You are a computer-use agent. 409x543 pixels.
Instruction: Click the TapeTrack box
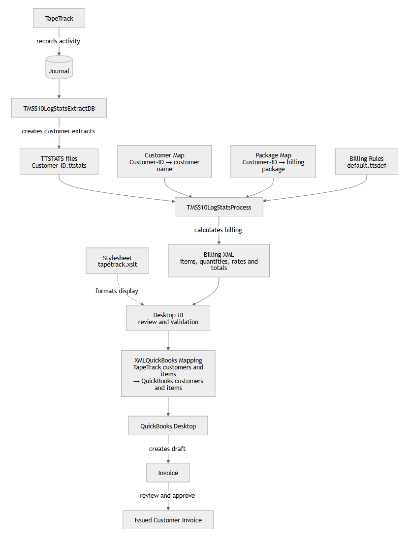[59, 18]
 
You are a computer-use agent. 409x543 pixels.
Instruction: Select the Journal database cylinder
[59, 67]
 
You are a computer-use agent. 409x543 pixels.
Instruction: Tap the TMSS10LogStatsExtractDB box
[59, 108]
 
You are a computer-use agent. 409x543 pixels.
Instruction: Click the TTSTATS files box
[59, 162]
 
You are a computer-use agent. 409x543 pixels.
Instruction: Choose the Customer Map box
[164, 162]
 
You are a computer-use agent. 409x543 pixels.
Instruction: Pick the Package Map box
[273, 162]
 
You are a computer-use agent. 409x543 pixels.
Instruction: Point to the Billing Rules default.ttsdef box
[366, 162]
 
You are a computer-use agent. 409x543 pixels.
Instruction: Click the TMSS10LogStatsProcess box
[219, 207]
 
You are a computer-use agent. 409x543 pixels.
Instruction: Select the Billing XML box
[219, 261]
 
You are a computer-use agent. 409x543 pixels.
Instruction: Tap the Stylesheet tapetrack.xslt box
[118, 261]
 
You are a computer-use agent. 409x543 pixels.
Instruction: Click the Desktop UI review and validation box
[168, 318]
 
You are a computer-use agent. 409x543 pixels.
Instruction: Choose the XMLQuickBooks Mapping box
[168, 374]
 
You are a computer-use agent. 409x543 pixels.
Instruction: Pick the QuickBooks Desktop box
[168, 425]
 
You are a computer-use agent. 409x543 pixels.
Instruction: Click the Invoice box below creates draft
[168, 473]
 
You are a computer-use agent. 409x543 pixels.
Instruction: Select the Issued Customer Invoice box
[168, 520]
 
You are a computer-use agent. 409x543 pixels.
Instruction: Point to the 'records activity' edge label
[58, 41]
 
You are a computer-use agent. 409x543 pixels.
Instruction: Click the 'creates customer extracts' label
[58, 131]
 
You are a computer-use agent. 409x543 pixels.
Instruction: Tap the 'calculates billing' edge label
[218, 230]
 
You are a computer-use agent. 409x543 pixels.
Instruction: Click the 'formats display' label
[117, 291]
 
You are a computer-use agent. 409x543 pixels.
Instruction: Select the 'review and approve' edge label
[167, 496]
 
